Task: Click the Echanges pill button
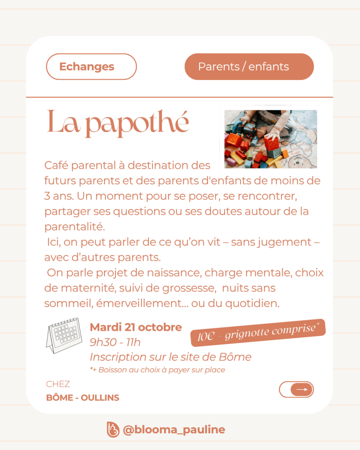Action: tap(91, 66)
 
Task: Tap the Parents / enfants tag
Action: tap(249, 66)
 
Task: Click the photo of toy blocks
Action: tap(270, 139)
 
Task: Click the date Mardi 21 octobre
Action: tap(135, 327)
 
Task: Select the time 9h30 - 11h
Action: tap(115, 342)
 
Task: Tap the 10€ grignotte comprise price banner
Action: tap(258, 332)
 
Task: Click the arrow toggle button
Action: tap(296, 389)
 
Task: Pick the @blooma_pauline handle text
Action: tap(174, 429)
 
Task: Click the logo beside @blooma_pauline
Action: tap(113, 429)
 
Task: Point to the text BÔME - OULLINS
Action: tap(83, 398)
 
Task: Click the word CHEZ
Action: tap(58, 384)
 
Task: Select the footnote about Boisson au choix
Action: tap(157, 370)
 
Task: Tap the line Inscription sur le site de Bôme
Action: tap(170, 357)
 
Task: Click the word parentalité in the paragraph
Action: tap(75, 227)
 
